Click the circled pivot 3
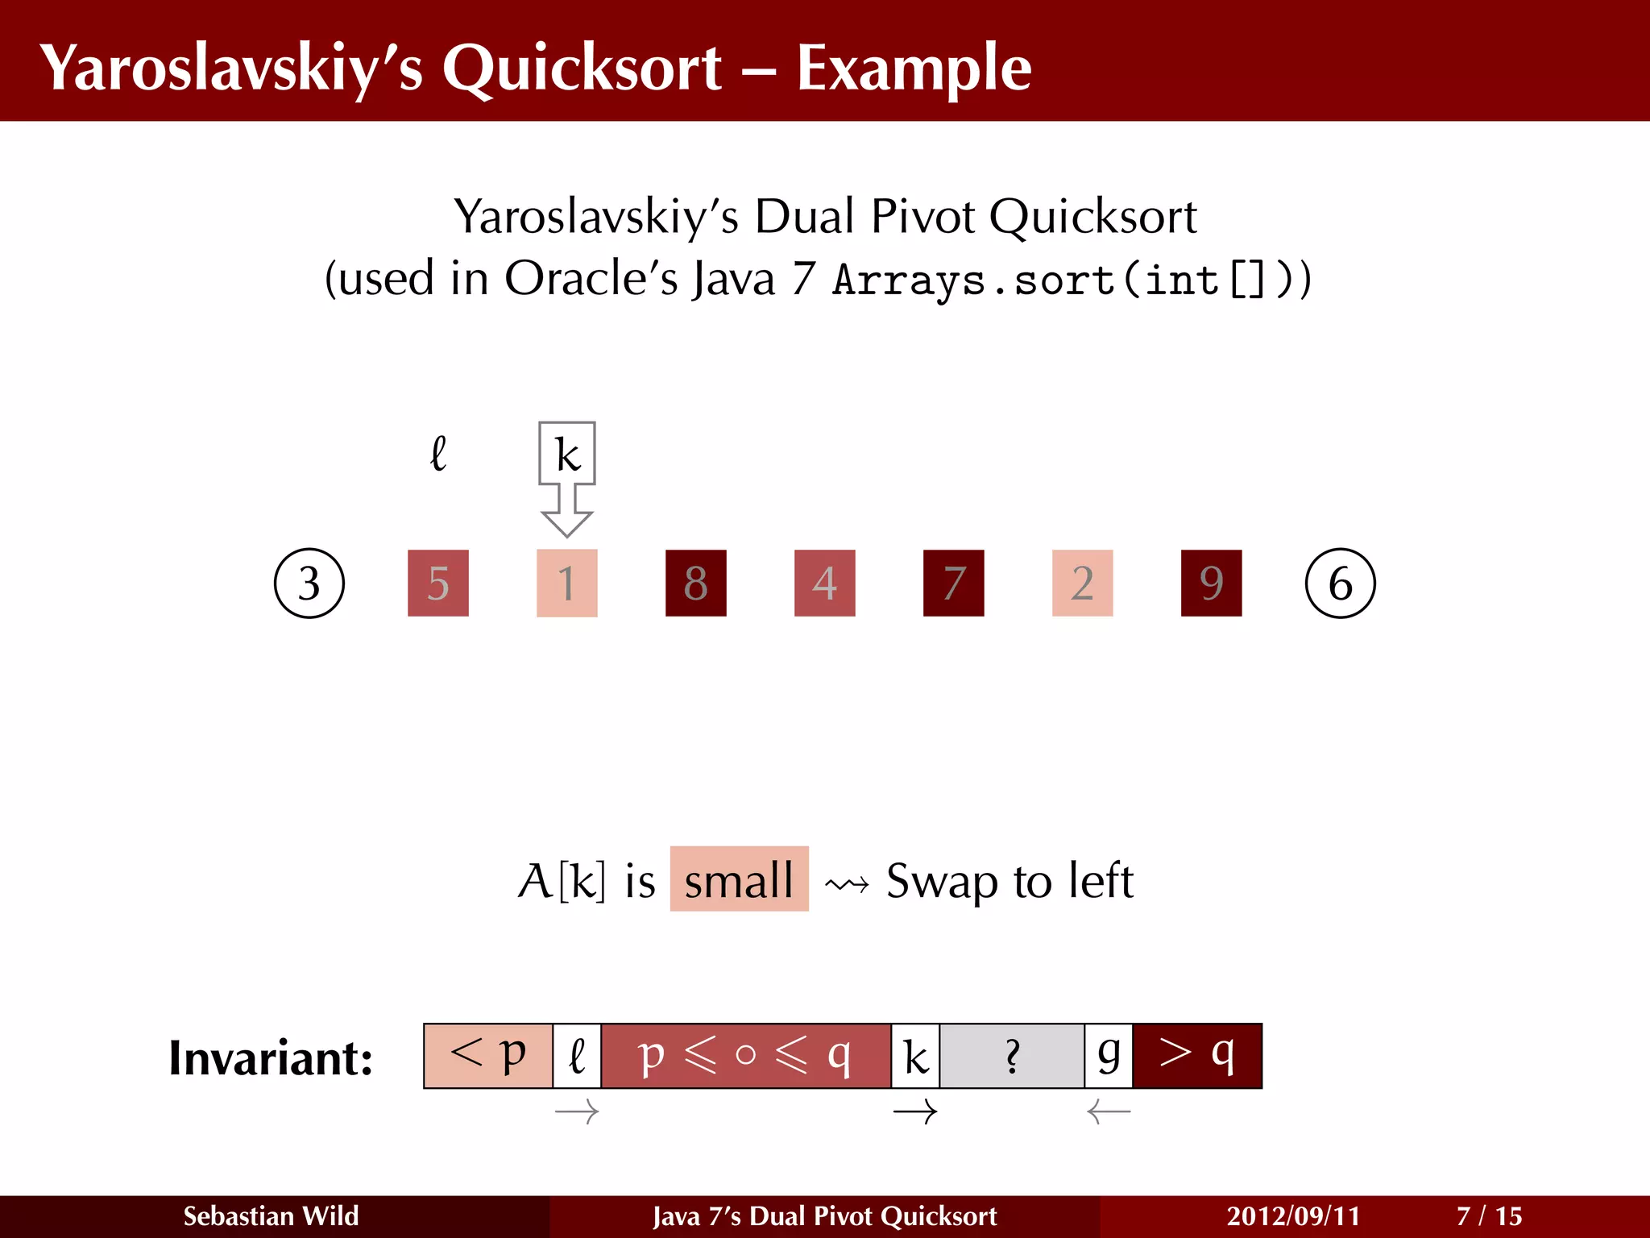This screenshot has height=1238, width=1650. pyautogui.click(x=309, y=584)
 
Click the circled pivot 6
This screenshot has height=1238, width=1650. pyautogui.click(x=1340, y=584)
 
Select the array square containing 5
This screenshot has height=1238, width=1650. pyautogui.click(x=437, y=584)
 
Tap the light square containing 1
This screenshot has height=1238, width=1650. pyautogui.click(x=566, y=584)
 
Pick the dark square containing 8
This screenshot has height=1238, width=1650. pyautogui.click(x=695, y=584)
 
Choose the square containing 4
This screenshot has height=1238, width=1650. pyautogui.click(x=824, y=584)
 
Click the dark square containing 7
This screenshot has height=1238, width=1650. pyautogui.click(x=953, y=584)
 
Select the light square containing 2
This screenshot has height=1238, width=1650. pyautogui.click(x=1082, y=584)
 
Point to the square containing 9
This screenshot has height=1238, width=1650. pyautogui.click(x=1211, y=584)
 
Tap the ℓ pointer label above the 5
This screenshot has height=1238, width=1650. pyautogui.click(x=438, y=454)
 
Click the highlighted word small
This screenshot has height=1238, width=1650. pyautogui.click(x=739, y=879)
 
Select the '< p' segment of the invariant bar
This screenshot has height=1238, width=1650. pyautogui.click(x=488, y=1056)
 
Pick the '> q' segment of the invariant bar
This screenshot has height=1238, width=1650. pyautogui.click(x=1197, y=1056)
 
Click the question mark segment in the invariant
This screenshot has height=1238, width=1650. pyautogui.click(x=1012, y=1056)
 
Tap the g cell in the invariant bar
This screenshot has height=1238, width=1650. pyautogui.click(x=1109, y=1056)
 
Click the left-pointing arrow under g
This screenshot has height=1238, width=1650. pyautogui.click(x=1109, y=1113)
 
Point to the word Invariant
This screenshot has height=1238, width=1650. pyautogui.click(x=271, y=1058)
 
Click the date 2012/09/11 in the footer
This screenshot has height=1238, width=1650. pyautogui.click(x=1293, y=1216)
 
